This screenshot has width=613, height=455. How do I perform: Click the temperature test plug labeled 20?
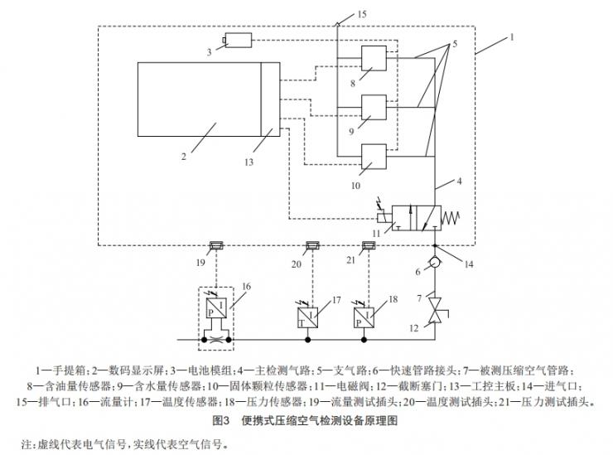[x=313, y=245]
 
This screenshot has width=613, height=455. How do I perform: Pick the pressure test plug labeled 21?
[x=369, y=245]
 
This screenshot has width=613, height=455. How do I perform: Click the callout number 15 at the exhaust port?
[x=361, y=14]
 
